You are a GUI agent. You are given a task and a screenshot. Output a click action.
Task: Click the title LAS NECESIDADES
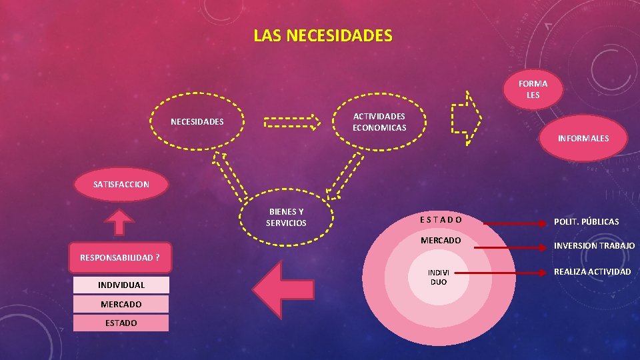[x=323, y=35]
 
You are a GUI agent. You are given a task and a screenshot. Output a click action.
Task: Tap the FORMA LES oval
[x=533, y=89]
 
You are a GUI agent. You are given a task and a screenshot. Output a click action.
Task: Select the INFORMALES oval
[x=583, y=139]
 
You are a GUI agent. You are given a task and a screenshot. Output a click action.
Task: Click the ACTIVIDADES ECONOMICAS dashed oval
[x=379, y=122]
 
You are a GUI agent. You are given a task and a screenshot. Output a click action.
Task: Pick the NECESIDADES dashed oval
[x=197, y=122]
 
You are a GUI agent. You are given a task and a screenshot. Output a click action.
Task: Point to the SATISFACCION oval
[x=121, y=184]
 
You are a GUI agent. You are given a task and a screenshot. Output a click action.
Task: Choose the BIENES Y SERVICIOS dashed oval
[x=286, y=217]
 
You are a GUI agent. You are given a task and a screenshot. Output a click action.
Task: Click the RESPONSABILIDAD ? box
[x=120, y=257]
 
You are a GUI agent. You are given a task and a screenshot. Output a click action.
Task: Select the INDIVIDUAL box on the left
[x=121, y=285]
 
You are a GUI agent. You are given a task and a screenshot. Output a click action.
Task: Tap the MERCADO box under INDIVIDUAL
[x=121, y=304]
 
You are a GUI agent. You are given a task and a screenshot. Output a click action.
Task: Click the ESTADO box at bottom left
[x=121, y=323]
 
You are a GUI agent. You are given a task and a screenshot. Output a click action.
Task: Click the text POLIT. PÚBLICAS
[x=586, y=221]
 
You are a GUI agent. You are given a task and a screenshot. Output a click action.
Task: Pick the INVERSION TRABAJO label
[x=594, y=246]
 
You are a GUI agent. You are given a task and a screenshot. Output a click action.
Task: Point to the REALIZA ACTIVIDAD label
[x=592, y=271]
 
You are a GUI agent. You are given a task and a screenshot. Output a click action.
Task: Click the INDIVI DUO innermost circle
[x=438, y=277]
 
